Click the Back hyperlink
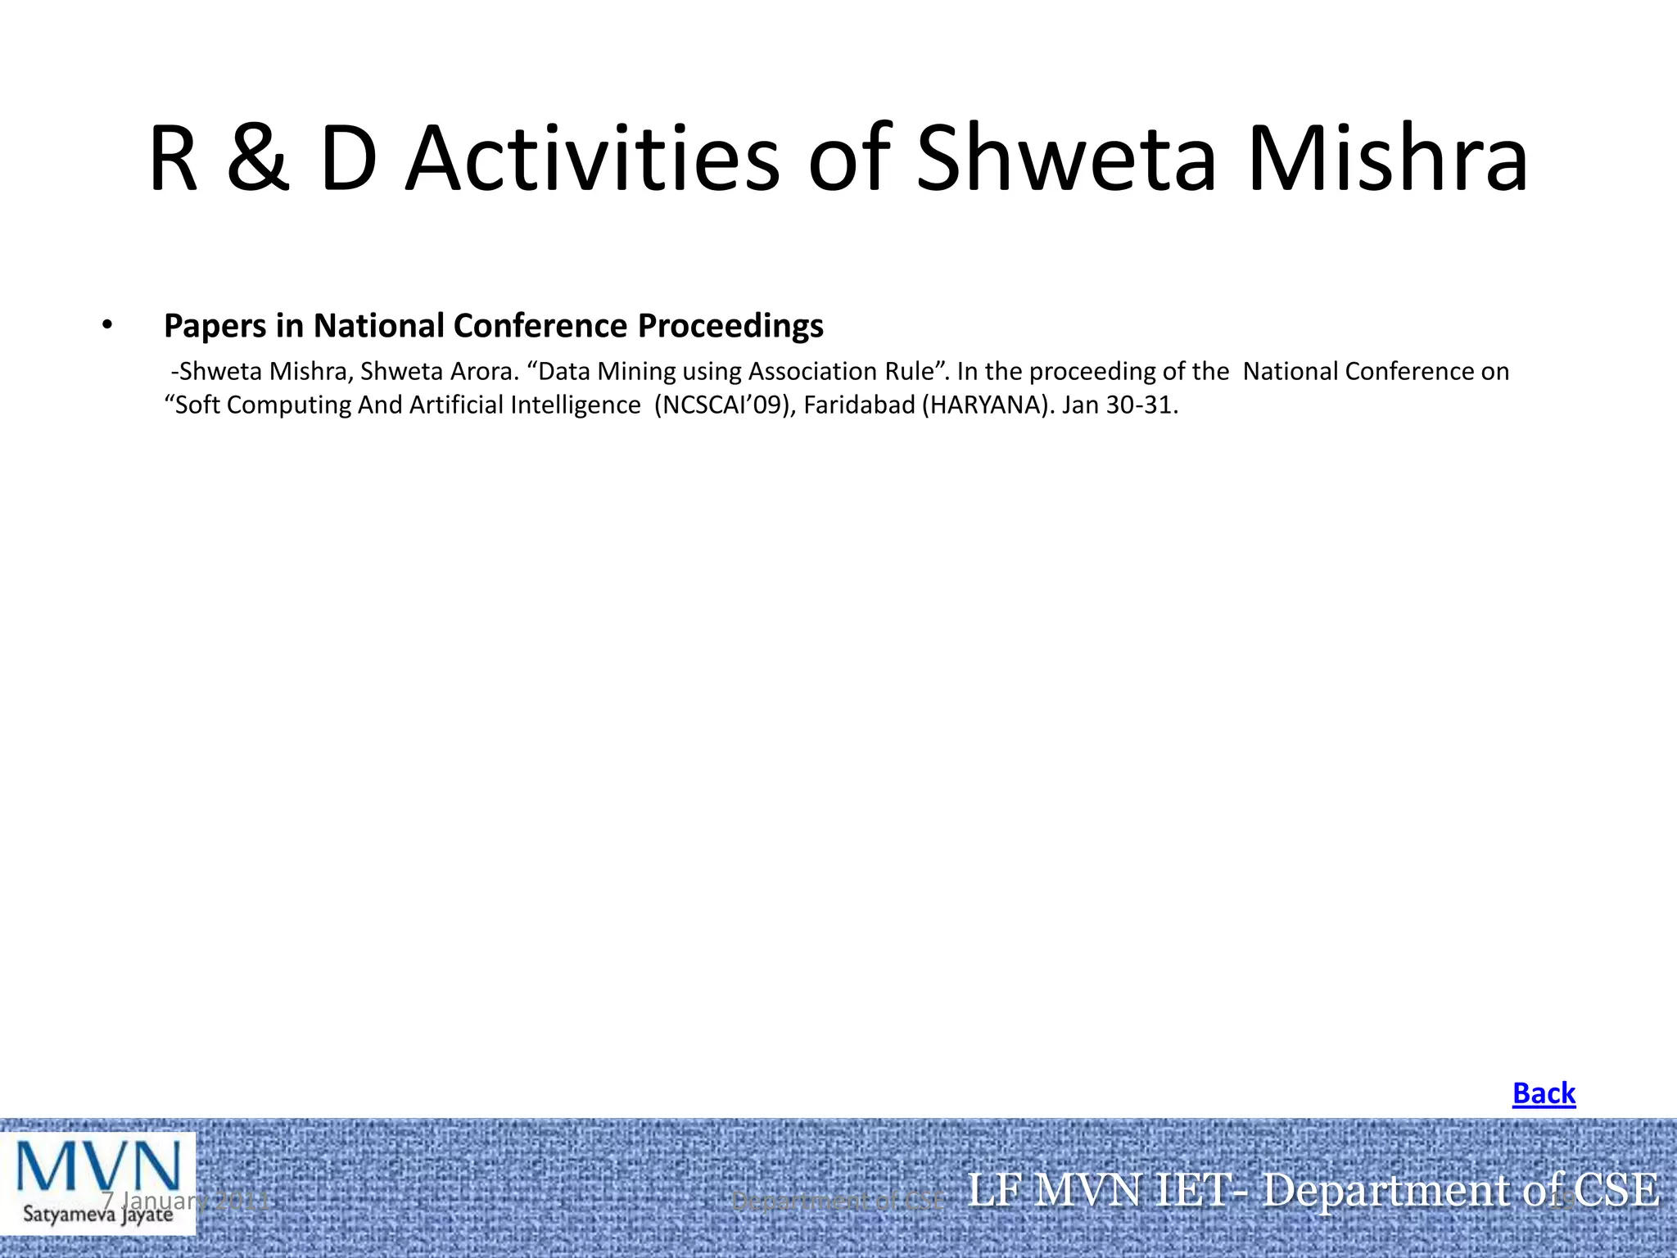pyautogui.click(x=1544, y=1093)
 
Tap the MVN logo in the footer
pyautogui.click(x=98, y=1169)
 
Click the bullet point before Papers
pyautogui.click(x=106, y=326)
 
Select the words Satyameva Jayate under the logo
pyautogui.click(x=97, y=1213)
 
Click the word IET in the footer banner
pyautogui.click(x=1200, y=1190)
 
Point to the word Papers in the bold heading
pyautogui.click(x=215, y=326)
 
